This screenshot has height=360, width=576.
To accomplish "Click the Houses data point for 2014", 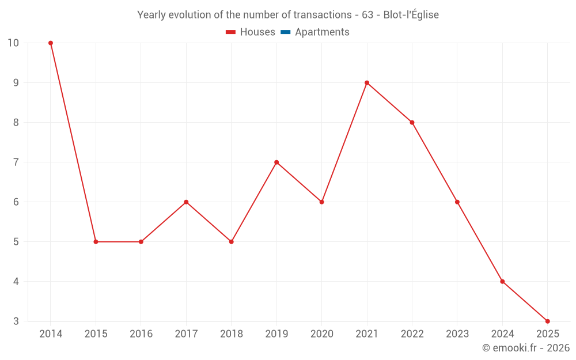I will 51,43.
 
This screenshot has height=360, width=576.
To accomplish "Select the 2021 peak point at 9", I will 367,83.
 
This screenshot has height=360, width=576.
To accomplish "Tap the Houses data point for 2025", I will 547,321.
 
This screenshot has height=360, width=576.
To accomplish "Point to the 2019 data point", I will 276,162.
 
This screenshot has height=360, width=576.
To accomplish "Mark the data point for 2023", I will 457,202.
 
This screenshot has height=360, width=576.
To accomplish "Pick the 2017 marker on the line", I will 186,202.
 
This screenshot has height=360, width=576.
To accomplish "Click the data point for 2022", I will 412,123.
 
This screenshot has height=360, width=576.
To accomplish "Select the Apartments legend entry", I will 322,32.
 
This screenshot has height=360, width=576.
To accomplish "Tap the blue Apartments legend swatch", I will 285,32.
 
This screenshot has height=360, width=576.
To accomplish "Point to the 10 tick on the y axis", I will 13,43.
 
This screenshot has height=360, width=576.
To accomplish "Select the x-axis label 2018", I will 231,334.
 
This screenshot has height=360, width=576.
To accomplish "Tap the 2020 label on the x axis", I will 321,334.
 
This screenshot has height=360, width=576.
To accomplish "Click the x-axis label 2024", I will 502,334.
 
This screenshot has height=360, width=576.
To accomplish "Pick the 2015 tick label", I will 96,334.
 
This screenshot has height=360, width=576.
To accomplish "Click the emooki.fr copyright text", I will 526,348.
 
